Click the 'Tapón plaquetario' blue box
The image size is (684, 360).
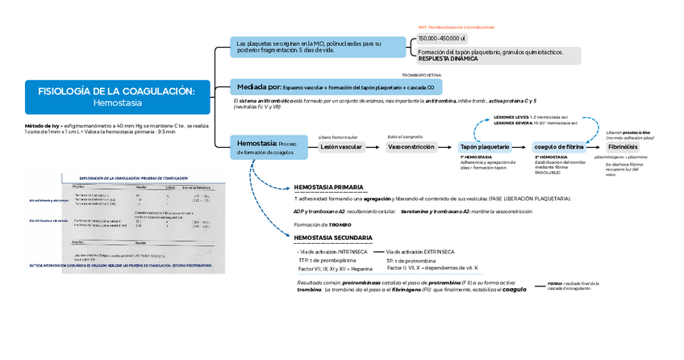pyautogui.click(x=484, y=147)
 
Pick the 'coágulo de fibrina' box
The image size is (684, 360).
pyautogui.click(x=559, y=147)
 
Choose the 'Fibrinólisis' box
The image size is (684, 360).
pyautogui.click(x=623, y=147)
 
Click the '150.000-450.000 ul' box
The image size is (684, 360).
pyautogui.click(x=442, y=38)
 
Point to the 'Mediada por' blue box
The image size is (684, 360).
pyautogui.click(x=332, y=86)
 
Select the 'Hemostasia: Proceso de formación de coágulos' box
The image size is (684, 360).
pyautogui.click(x=265, y=146)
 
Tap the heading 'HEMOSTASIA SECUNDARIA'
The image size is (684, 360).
pyautogui.click(x=333, y=237)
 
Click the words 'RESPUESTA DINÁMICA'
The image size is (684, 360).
pyautogui.click(x=448, y=59)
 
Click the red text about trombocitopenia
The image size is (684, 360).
pyautogui.click(x=456, y=27)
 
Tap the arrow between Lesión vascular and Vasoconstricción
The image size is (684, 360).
pyautogui.click(x=374, y=147)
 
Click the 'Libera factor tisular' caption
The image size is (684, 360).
pyautogui.click(x=338, y=137)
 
